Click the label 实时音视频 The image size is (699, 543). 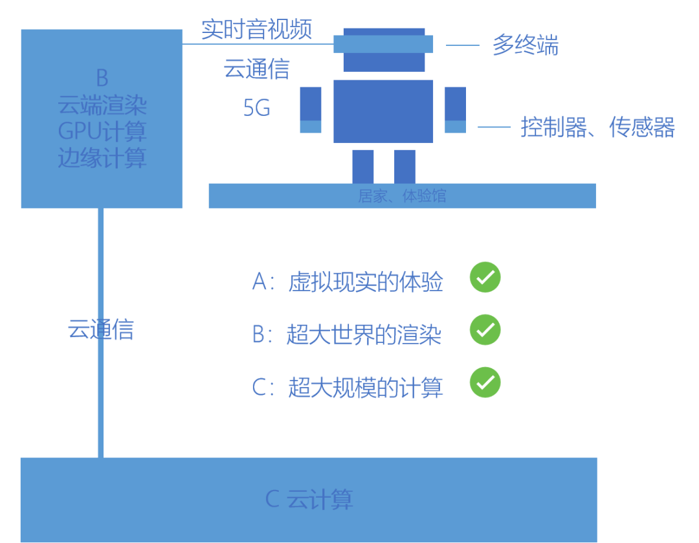[256, 29]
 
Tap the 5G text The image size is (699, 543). [257, 108]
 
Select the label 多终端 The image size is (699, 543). [525, 45]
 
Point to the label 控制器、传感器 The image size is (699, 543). [597, 127]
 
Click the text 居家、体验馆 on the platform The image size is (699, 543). [402, 195]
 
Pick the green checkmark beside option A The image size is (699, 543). [485, 278]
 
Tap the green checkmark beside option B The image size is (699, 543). [485, 330]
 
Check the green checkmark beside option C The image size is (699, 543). [485, 382]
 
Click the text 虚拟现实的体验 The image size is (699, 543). [366, 282]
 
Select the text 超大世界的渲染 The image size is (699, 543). [364, 335]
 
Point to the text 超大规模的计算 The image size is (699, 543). [366, 387]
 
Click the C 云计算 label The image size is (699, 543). [309, 499]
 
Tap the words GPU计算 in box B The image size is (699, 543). [102, 131]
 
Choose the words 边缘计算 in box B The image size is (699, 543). [102, 158]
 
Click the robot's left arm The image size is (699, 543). [311, 109]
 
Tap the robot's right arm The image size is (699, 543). [455, 109]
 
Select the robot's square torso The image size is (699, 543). [383, 111]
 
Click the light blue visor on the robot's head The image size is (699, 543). [383, 43]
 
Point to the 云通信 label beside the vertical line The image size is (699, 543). [101, 329]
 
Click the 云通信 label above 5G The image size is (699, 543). [256, 69]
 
